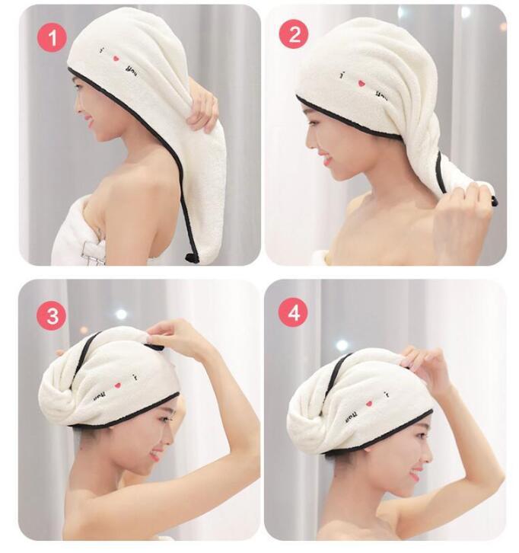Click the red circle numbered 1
[x=51, y=36]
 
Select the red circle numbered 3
[x=51, y=315]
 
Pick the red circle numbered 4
[x=293, y=315]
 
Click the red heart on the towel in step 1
[x=116, y=58]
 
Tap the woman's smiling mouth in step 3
[x=155, y=455]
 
